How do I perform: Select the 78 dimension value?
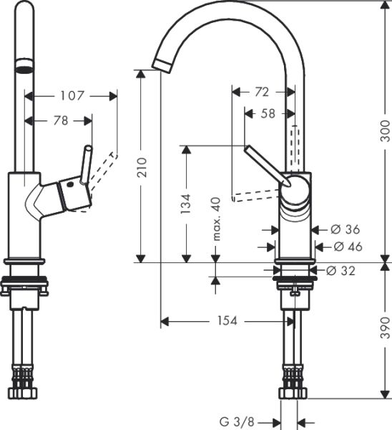(60, 121)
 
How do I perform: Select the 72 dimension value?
(262, 92)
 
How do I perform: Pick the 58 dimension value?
(268, 113)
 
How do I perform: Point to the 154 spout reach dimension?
(227, 321)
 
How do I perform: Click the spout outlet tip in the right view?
(161, 64)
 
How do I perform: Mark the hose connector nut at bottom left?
(24, 392)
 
